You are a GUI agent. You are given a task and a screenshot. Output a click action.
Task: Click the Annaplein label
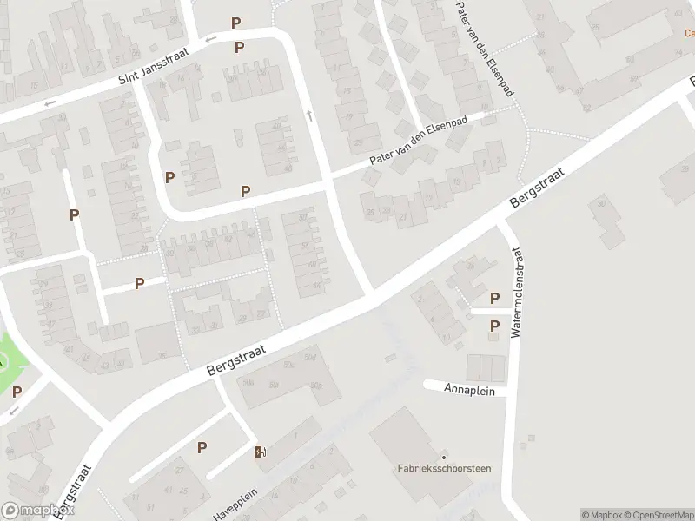pyautogui.click(x=468, y=391)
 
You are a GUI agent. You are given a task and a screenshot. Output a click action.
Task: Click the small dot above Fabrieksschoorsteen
pyautogui.click(x=443, y=457)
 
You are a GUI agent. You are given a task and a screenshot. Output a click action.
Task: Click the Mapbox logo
pyautogui.click(x=36, y=511)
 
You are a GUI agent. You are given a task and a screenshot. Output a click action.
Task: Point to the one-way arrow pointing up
pyautogui.click(x=308, y=115)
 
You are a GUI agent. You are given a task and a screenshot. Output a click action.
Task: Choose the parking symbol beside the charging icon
pyautogui.click(x=202, y=447)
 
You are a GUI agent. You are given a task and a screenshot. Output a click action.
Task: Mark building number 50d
pyautogui.click(x=311, y=357)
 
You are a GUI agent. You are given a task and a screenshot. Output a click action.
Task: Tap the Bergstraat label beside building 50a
pyautogui.click(x=235, y=358)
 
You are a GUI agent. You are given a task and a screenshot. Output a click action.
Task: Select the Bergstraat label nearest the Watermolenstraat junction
pyautogui.click(x=537, y=188)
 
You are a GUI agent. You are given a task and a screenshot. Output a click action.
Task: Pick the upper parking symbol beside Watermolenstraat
pyautogui.click(x=495, y=298)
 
